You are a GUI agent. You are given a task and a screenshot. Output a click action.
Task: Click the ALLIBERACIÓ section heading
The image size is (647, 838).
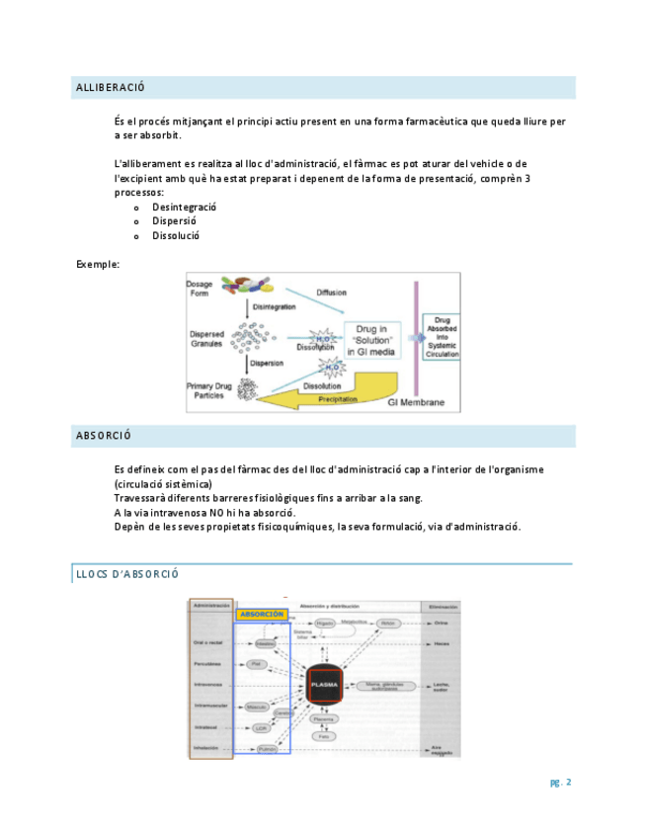[111, 89]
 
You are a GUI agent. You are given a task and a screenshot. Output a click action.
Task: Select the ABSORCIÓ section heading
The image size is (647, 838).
[104, 436]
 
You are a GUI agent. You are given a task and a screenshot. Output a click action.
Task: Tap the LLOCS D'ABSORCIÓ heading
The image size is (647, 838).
[127, 575]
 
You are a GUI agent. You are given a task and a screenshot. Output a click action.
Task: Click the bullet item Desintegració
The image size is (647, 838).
[185, 208]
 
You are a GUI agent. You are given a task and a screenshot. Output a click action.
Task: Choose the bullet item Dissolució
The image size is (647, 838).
[176, 236]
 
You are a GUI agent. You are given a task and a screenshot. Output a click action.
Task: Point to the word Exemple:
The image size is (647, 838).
[98, 265]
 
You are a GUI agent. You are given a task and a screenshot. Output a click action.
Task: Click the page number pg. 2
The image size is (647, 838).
[561, 783]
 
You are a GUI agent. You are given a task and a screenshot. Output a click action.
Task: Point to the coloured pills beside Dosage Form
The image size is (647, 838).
[248, 286]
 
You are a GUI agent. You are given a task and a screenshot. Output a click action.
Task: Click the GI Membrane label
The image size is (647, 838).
[416, 402]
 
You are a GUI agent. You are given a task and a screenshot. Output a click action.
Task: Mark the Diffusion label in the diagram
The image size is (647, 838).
[331, 293]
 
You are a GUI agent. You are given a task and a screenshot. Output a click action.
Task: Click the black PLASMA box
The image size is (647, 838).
[324, 683]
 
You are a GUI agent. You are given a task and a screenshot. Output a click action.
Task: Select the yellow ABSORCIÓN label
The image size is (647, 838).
[262, 614]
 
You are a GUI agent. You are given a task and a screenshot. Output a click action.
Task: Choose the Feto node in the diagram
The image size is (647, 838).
[323, 736]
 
